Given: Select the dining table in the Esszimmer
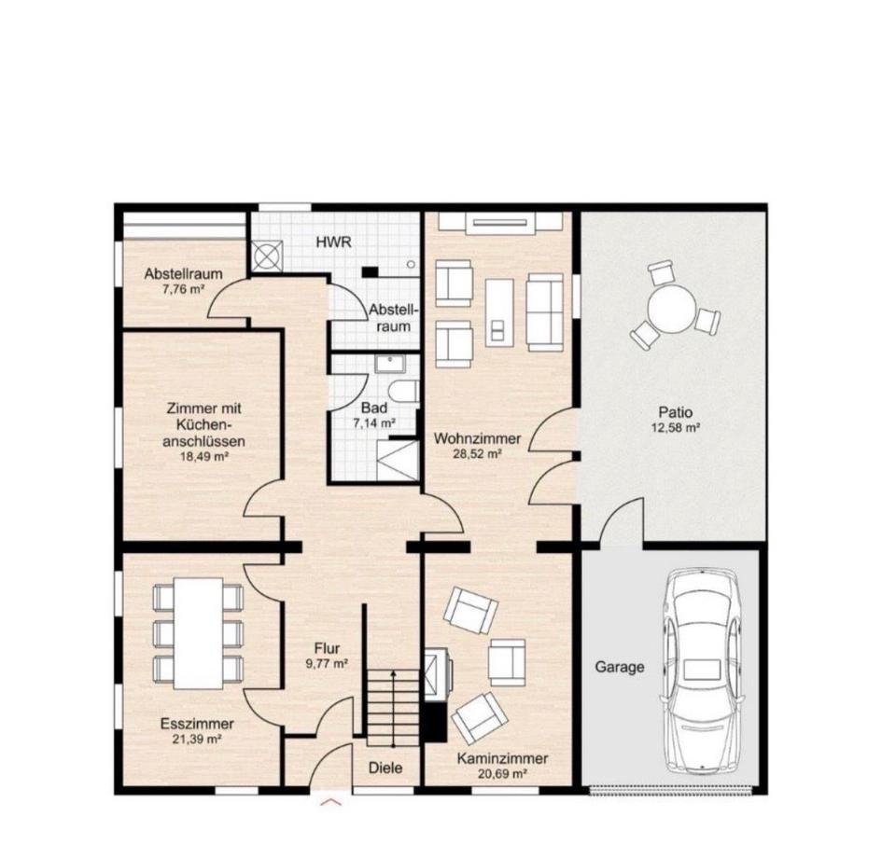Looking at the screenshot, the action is pyautogui.click(x=198, y=633).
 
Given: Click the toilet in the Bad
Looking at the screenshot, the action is pyautogui.click(x=402, y=391).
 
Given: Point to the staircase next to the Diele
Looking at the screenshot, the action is pyautogui.click(x=393, y=708).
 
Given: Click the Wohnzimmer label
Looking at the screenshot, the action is pyautogui.click(x=477, y=439).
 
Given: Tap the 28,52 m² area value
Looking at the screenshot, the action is pyautogui.click(x=477, y=454).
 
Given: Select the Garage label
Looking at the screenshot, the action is pyautogui.click(x=620, y=667).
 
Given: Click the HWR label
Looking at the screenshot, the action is pyautogui.click(x=334, y=242).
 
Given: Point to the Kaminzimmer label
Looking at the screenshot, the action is pyautogui.click(x=502, y=758).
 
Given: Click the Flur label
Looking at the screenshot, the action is pyautogui.click(x=327, y=648).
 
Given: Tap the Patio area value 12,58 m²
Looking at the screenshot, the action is pyautogui.click(x=676, y=427).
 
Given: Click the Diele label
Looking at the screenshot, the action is pyautogui.click(x=385, y=768).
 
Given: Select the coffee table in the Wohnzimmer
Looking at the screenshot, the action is pyautogui.click(x=498, y=312).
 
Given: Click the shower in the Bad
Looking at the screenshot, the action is pyautogui.click(x=398, y=460).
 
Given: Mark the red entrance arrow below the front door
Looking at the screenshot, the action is pyautogui.click(x=331, y=802).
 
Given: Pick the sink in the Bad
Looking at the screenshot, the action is pyautogui.click(x=390, y=363).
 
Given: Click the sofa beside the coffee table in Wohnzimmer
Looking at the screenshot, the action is pyautogui.click(x=544, y=311).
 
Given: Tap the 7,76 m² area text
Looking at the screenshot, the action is pyautogui.click(x=184, y=289).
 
